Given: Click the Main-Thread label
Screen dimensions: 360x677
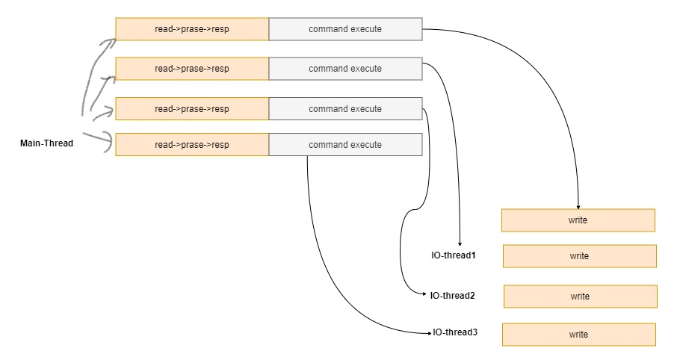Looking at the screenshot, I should pyautogui.click(x=46, y=143).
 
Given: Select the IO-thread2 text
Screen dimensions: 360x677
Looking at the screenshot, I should pyautogui.click(x=452, y=295).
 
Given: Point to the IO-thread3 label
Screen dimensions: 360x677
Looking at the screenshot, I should pyautogui.click(x=455, y=332).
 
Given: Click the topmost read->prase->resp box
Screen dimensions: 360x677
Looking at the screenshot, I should pyautogui.click(x=192, y=28).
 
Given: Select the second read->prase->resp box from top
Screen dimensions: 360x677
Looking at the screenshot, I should pyautogui.click(x=192, y=69).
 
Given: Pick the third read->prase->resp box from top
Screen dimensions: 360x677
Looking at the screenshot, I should pyautogui.click(x=192, y=109).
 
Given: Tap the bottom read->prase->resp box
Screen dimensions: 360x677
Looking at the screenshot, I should pyautogui.click(x=192, y=145).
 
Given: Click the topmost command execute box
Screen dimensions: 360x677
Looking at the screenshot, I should pyautogui.click(x=345, y=28).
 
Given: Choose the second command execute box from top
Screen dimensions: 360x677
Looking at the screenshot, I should pyautogui.click(x=345, y=69).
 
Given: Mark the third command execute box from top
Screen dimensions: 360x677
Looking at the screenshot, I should pyautogui.click(x=345, y=109).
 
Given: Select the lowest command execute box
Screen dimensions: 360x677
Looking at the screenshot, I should pyautogui.click(x=345, y=145).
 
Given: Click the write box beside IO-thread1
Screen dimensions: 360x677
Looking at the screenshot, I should pyautogui.click(x=579, y=256).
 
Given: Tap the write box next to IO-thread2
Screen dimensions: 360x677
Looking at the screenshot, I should pyautogui.click(x=580, y=297).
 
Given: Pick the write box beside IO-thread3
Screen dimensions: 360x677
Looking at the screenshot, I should pyautogui.click(x=578, y=335).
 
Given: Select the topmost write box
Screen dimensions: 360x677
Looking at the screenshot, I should pyautogui.click(x=578, y=220).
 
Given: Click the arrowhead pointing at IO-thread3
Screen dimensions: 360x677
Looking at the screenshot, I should pyautogui.click(x=429, y=332).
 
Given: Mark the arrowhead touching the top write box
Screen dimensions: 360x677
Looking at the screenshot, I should pyautogui.click(x=578, y=206).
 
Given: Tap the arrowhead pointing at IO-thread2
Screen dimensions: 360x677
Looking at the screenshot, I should pyautogui.click(x=426, y=295).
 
